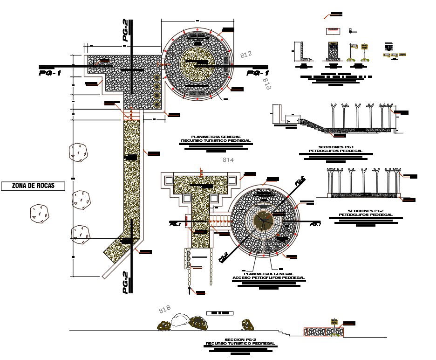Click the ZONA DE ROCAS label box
coord(33,186)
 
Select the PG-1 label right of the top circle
coord(258,73)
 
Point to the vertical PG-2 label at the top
coord(125,31)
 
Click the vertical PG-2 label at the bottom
coord(125,282)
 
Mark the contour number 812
coord(246,54)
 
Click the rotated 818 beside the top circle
coord(267,84)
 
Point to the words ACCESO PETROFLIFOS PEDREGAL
coord(269,277)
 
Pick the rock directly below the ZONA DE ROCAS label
coord(38,212)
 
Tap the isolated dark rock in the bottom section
coord(247,325)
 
